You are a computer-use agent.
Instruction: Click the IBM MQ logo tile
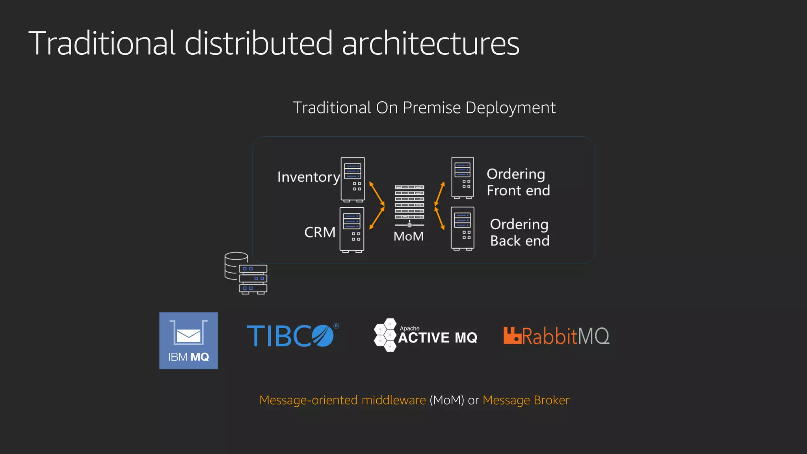188,340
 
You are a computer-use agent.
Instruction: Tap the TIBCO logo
292,336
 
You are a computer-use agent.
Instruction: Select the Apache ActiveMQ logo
426,335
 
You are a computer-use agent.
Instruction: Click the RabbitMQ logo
556,336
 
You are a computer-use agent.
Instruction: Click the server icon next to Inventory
353,180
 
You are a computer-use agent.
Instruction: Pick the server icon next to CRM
352,230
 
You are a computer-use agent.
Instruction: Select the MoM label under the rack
409,236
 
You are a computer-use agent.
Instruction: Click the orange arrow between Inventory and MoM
377,194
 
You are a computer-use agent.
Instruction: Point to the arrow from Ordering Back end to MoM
439,218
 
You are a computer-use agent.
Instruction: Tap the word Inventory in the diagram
308,177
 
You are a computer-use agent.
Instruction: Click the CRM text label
320,232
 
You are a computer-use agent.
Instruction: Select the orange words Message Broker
526,400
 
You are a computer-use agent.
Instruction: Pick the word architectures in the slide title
430,43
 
